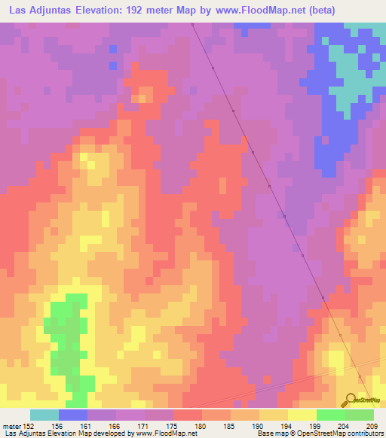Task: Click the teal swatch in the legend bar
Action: click(44, 415)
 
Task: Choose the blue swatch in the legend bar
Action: click(73, 415)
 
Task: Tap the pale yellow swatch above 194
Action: click(302, 415)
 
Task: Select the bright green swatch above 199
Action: click(330, 415)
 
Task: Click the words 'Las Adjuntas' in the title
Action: click(36, 10)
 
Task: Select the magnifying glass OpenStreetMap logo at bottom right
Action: click(349, 399)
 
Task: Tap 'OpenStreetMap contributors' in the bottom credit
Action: click(343, 433)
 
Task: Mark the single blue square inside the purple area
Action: click(113, 49)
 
